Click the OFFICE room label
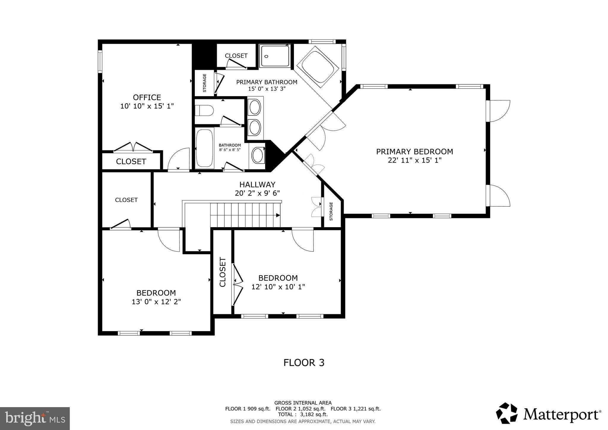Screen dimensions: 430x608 (147, 97)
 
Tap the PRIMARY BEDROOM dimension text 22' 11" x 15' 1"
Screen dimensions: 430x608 (414, 160)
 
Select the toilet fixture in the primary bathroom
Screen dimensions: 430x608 (204, 111)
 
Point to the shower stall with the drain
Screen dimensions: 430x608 (275, 56)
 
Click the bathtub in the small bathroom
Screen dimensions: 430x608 (205, 148)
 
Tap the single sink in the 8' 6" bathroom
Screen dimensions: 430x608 (257, 155)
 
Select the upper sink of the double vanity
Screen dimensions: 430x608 (255, 107)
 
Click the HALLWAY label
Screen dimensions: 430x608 (257, 184)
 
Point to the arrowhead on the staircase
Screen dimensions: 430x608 (278, 215)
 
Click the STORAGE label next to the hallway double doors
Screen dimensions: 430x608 (331, 211)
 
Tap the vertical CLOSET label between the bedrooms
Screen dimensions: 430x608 (223, 272)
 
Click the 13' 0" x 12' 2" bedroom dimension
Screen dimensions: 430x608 (156, 302)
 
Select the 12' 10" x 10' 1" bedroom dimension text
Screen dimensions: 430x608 (278, 287)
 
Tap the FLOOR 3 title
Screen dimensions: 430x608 (304, 363)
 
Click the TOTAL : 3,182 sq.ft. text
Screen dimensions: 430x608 (303, 415)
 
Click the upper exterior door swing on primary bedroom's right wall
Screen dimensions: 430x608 (499, 111)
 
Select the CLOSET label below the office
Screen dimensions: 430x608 (131, 162)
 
